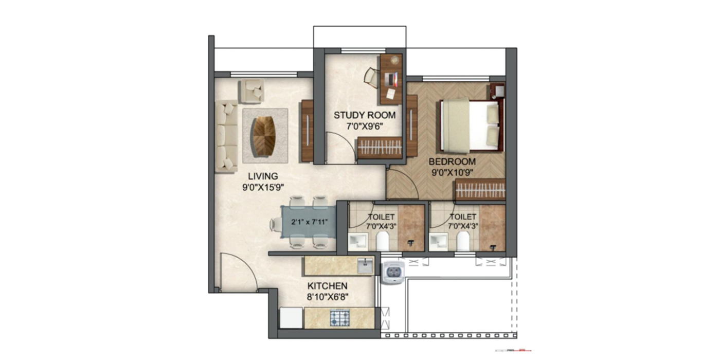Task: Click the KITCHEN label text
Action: pyautogui.click(x=327, y=285)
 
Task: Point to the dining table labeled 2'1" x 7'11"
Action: pyautogui.click(x=308, y=222)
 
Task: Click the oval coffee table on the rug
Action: pyautogui.click(x=264, y=135)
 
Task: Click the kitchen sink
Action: pyautogui.click(x=365, y=266)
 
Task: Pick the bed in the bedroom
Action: pyautogui.click(x=471, y=125)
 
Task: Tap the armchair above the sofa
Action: pyautogui.click(x=252, y=91)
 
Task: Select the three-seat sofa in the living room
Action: pyautogui.click(x=226, y=136)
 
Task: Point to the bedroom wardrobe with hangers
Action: pyautogui.click(x=480, y=190)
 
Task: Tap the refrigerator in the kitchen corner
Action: pyautogui.click(x=291, y=318)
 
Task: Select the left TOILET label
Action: pyautogui.click(x=381, y=217)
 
